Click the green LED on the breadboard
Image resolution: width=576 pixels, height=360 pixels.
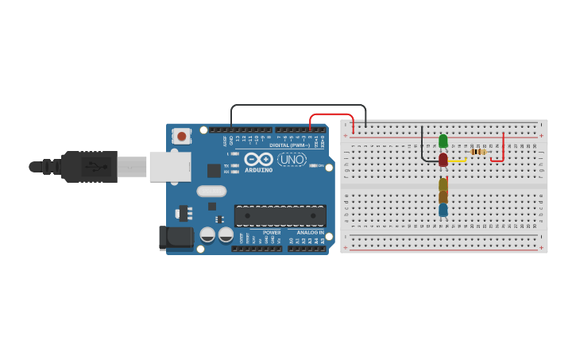[x=443, y=141]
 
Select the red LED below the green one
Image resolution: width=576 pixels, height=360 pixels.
[x=443, y=159]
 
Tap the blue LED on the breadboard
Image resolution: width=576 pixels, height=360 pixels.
[x=443, y=210]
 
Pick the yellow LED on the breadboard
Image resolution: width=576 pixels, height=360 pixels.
[x=443, y=184]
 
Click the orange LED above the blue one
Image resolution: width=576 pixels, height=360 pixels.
[x=443, y=197]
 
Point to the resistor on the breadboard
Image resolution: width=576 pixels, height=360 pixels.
[x=478, y=152]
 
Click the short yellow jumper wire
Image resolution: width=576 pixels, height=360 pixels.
[x=458, y=161]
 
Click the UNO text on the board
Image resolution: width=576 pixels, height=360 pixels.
[x=292, y=159]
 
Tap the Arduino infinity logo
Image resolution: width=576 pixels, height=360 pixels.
[x=258, y=159]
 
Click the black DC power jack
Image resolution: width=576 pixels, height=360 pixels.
[x=176, y=236]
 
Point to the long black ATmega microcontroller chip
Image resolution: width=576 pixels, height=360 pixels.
[x=280, y=215]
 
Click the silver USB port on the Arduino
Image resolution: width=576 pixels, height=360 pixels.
[x=169, y=167]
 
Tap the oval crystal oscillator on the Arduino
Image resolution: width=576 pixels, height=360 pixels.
[x=211, y=191]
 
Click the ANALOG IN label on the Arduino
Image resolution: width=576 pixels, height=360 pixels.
[x=310, y=233]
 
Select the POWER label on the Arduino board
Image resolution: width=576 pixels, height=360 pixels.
[x=272, y=233]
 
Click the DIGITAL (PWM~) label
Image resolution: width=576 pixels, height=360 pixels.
[x=289, y=145]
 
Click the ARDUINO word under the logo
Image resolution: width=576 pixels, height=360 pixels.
[x=258, y=170]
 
